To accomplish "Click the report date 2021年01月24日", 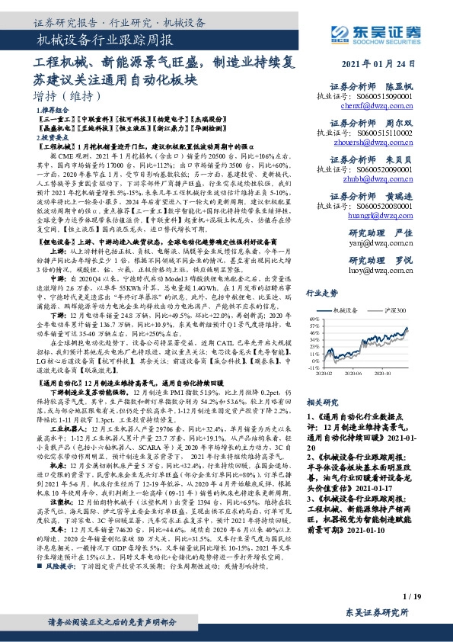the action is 381,64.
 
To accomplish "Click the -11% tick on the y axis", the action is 314,368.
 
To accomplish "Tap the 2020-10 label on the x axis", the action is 394,373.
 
